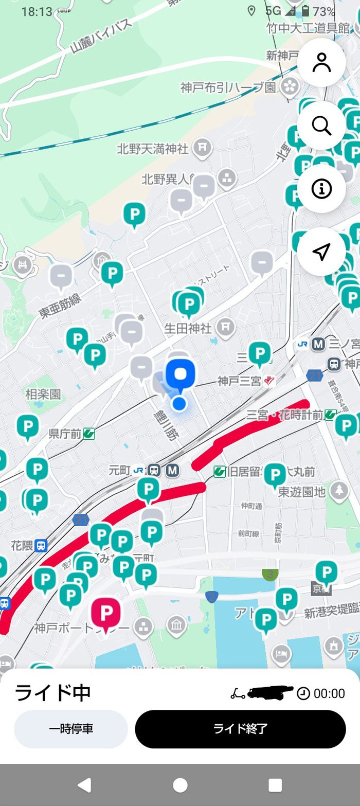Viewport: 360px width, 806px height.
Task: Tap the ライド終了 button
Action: click(240, 729)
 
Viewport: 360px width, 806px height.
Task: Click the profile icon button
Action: click(321, 62)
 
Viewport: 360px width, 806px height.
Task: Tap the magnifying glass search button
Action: click(321, 126)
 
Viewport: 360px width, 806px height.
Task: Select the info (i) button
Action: click(321, 189)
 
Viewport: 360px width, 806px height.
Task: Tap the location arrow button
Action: click(321, 252)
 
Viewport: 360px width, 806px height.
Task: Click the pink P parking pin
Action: click(106, 614)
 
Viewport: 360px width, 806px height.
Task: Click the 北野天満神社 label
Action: click(153, 149)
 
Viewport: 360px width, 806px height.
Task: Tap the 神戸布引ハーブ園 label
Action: click(228, 87)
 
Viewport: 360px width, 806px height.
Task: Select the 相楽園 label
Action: click(43, 395)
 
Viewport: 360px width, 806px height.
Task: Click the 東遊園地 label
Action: click(302, 492)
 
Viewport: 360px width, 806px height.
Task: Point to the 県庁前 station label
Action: click(65, 434)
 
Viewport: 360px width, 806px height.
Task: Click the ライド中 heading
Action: click(52, 693)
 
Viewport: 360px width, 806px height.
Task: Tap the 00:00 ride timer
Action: click(329, 693)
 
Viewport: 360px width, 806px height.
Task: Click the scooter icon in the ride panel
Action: click(238, 693)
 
